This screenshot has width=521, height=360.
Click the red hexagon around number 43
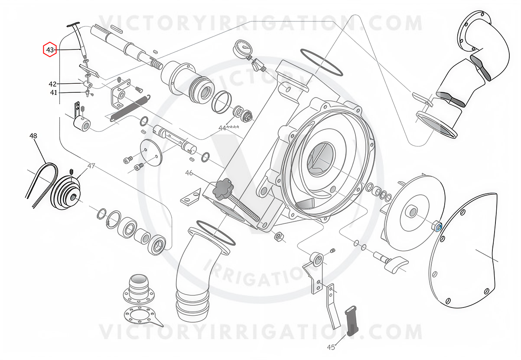(49, 49)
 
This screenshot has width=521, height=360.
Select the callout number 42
(52, 84)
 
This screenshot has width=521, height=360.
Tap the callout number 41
(53, 92)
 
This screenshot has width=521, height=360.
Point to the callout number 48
(33, 136)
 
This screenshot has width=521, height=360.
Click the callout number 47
(91, 166)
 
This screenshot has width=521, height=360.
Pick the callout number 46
(189, 173)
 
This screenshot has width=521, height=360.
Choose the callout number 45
(331, 347)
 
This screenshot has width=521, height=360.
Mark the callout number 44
(222, 128)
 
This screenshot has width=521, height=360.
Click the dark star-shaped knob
(221, 189)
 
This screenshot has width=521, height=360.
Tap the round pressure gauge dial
(243, 48)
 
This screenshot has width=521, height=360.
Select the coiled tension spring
(130, 108)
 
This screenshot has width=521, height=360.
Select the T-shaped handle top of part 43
(73, 24)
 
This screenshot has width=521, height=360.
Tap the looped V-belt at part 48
(42, 185)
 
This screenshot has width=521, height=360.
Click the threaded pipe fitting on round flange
(139, 289)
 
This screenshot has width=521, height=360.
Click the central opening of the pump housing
(320, 158)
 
